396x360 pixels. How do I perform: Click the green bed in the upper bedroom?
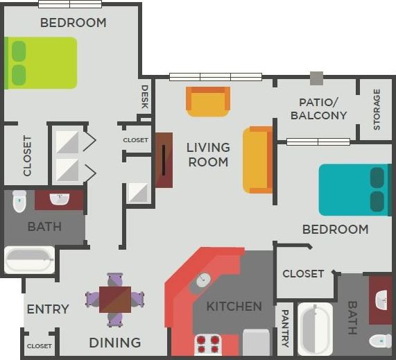coord(42,62)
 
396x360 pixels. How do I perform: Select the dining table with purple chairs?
coord(115,299)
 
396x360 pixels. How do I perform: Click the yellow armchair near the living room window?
coord(207,101)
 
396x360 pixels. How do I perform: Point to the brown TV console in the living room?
coord(164,160)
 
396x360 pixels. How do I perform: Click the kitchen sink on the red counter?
coord(202,280)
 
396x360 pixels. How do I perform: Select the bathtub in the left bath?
coord(30,260)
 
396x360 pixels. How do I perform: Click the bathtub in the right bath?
coord(315,329)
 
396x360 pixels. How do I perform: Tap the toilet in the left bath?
coord(19,200)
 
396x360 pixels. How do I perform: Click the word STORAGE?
coord(377,109)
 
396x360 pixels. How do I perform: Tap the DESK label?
coord(145,97)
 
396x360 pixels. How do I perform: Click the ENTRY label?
coord(48,309)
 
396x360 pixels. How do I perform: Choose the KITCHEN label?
coord(234,306)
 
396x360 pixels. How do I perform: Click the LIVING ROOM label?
coord(208,154)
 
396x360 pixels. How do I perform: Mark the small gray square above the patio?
coord(316,78)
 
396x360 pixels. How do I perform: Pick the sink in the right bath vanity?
coord(381,301)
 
